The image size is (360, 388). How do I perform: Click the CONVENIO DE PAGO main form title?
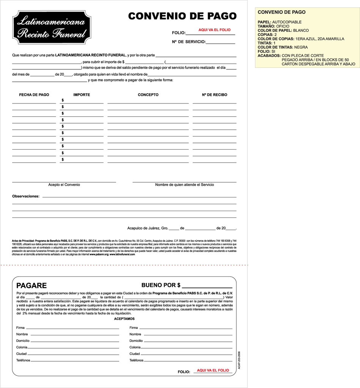click(182, 16)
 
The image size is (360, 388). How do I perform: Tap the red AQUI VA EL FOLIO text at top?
click(214, 30)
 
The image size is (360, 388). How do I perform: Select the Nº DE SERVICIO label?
click(189, 42)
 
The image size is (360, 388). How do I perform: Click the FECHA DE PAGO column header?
click(34, 95)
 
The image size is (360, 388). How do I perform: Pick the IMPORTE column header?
click(82, 95)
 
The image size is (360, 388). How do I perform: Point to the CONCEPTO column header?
click(148, 95)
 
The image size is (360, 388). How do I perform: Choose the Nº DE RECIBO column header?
click(214, 95)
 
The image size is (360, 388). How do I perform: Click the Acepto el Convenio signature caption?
click(64, 185)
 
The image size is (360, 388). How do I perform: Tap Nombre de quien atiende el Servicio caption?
click(184, 185)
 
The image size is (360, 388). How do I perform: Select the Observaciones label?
click(26, 196)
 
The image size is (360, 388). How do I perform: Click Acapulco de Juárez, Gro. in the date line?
click(148, 228)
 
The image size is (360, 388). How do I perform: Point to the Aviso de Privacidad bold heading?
click(23, 241)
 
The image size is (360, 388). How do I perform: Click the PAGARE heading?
click(31, 286)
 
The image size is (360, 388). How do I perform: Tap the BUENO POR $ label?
click(161, 285)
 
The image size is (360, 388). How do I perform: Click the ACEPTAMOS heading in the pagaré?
click(124, 319)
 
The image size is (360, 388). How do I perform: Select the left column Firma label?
click(20, 328)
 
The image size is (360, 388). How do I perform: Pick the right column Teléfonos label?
click(136, 360)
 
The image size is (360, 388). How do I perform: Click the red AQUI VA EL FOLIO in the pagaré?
click(213, 370)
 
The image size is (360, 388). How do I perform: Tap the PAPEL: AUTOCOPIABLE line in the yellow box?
click(280, 22)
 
